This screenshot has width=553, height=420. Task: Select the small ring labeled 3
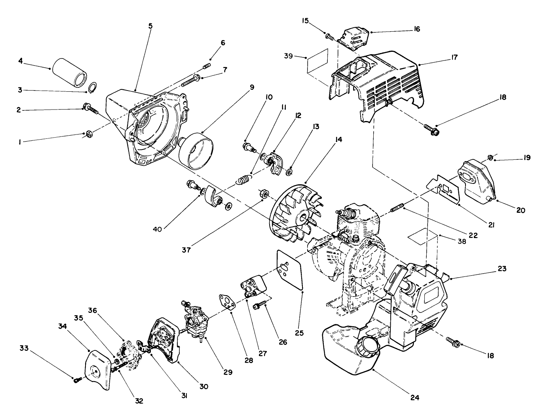[x=93, y=87]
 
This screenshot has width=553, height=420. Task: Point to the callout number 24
[x=414, y=397]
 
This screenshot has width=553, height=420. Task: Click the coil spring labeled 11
[x=244, y=179]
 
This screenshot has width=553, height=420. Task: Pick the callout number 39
[x=288, y=56]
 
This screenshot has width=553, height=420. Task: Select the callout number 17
[x=454, y=58]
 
